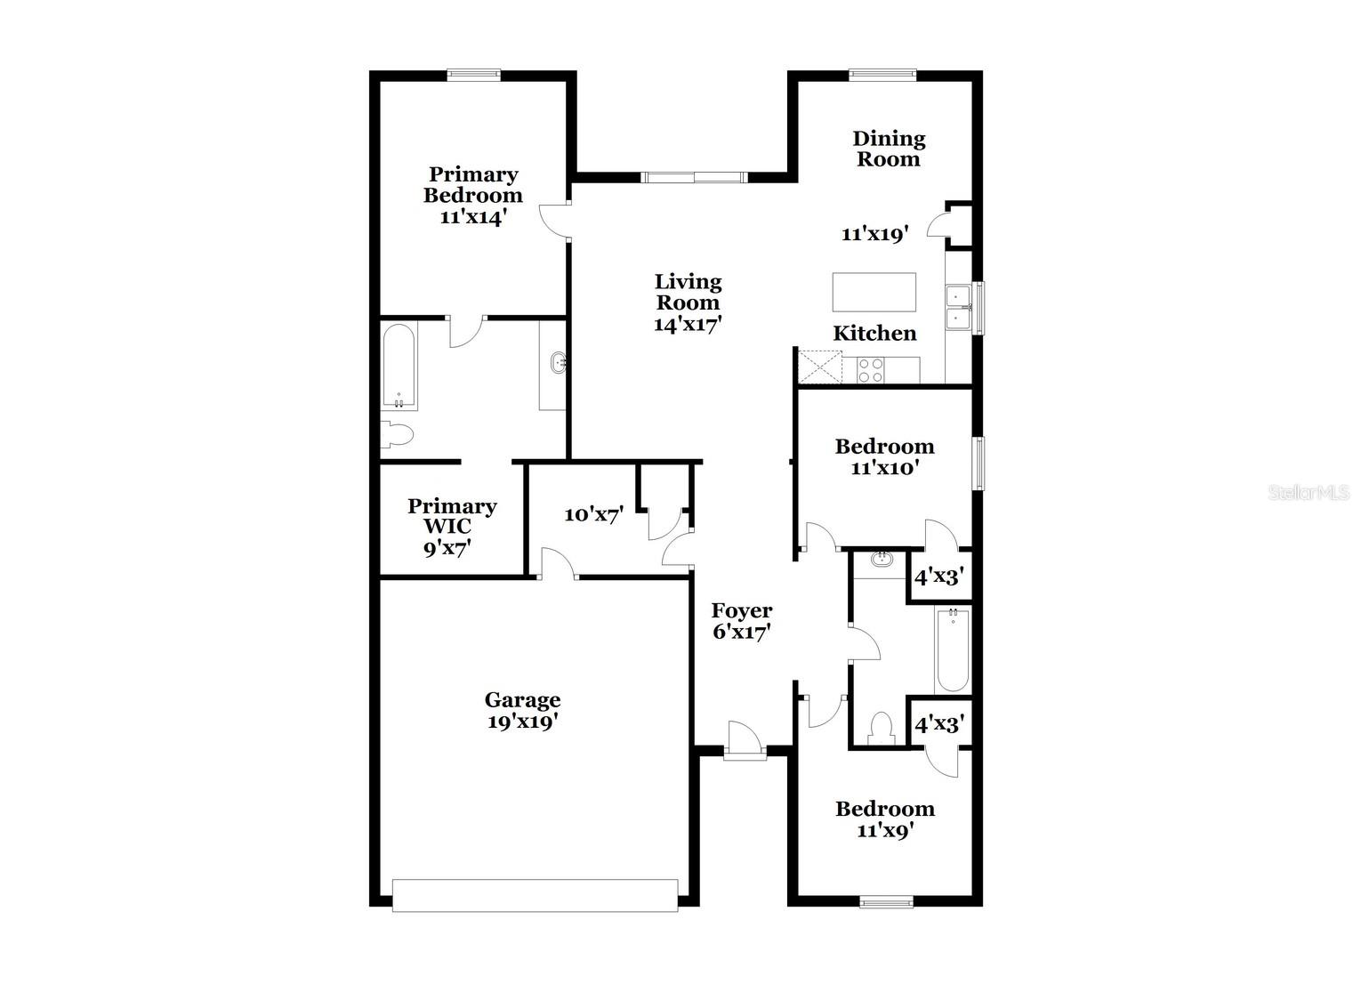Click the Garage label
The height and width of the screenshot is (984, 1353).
522,700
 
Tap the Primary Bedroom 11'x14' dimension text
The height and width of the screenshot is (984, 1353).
472,216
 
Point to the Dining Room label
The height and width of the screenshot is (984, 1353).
889,149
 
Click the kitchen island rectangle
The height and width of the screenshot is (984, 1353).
874,292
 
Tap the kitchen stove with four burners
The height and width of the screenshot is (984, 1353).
870,370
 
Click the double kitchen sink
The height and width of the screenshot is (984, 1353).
957,307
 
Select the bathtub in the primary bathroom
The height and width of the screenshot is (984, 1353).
399,367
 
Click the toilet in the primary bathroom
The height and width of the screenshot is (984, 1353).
398,435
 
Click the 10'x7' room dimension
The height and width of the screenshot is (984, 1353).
593,514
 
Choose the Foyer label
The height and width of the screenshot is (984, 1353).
741,611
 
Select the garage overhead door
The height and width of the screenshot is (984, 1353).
535,895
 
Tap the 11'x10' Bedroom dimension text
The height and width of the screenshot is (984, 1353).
884,468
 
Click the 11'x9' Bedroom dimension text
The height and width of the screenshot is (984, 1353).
885,831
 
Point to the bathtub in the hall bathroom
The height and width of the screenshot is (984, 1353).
952,649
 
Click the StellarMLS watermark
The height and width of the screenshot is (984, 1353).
1309,493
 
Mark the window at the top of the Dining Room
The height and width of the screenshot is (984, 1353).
882,76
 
